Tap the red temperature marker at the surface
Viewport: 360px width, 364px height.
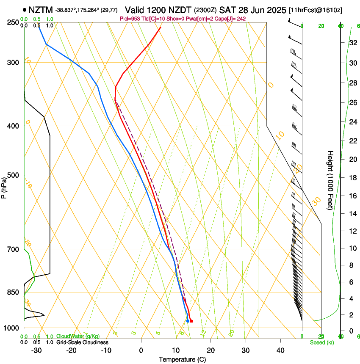tap(191, 321)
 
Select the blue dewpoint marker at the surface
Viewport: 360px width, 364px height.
tap(188, 321)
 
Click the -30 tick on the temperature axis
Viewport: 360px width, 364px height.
tap(36, 350)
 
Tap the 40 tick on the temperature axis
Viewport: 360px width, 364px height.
tap(280, 350)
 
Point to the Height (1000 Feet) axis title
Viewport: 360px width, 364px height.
tap(330, 180)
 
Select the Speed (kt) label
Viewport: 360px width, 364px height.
tap(321, 342)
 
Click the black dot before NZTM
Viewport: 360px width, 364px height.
tap(25, 10)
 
